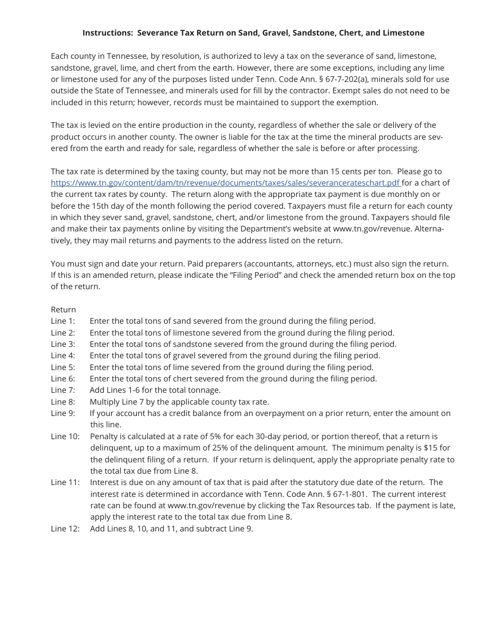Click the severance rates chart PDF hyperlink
point(225,183)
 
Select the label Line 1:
point(63,321)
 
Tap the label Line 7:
point(63,390)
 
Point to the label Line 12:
point(65,528)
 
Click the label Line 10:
point(65,437)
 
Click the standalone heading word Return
point(63,310)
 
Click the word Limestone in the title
point(405,33)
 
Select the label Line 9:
point(63,413)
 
